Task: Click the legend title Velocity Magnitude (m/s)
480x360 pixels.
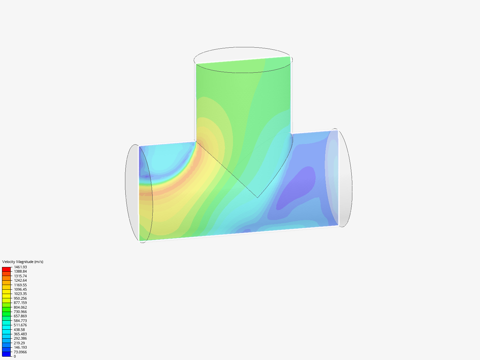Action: pos(23,262)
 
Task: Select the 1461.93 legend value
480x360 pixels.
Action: pos(20,267)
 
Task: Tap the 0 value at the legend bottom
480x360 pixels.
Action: pos(15,356)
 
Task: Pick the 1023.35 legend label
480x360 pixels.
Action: pos(20,294)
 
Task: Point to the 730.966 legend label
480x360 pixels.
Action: pos(20,312)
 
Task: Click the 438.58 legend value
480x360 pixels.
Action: pos(19,330)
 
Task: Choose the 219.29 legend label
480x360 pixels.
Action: pos(19,343)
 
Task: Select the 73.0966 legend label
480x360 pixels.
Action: pos(20,352)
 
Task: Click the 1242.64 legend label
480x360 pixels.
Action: pos(20,280)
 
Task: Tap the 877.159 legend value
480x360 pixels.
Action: pos(20,303)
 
